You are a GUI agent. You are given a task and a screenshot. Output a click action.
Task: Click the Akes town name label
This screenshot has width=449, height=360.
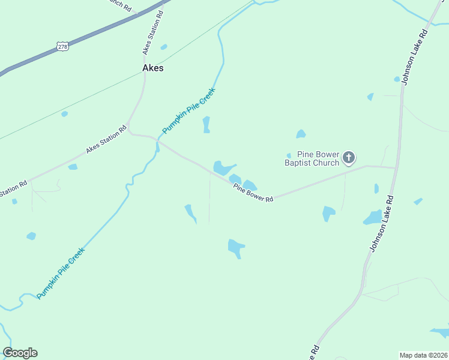152,68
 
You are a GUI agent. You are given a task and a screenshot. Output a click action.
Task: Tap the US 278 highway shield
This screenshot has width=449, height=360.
62,46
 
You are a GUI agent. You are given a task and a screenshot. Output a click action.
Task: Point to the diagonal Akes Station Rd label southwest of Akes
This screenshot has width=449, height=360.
106,140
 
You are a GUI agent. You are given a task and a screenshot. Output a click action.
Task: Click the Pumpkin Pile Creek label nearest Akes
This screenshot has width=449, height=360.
188,112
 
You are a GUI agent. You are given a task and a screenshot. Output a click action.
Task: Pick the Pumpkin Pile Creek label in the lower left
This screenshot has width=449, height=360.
60,274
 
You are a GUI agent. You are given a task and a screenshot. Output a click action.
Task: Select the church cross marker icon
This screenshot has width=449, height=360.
349,158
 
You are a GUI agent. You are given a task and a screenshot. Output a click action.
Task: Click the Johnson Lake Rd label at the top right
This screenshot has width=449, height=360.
413,58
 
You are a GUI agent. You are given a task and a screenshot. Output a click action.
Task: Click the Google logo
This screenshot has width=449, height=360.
20,353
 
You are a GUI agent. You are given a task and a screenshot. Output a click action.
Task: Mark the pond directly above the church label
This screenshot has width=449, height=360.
301,134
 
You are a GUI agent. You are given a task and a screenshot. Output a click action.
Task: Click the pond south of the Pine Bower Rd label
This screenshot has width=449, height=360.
235,247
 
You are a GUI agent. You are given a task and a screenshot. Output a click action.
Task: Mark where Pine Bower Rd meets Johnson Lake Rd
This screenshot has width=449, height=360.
396,167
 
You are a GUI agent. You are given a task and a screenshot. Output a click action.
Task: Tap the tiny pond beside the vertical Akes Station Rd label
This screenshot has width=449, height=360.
163,47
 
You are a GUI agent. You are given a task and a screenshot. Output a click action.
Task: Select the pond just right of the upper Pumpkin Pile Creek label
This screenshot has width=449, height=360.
206,124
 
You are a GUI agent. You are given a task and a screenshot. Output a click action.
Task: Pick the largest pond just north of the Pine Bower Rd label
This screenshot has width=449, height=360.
223,167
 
